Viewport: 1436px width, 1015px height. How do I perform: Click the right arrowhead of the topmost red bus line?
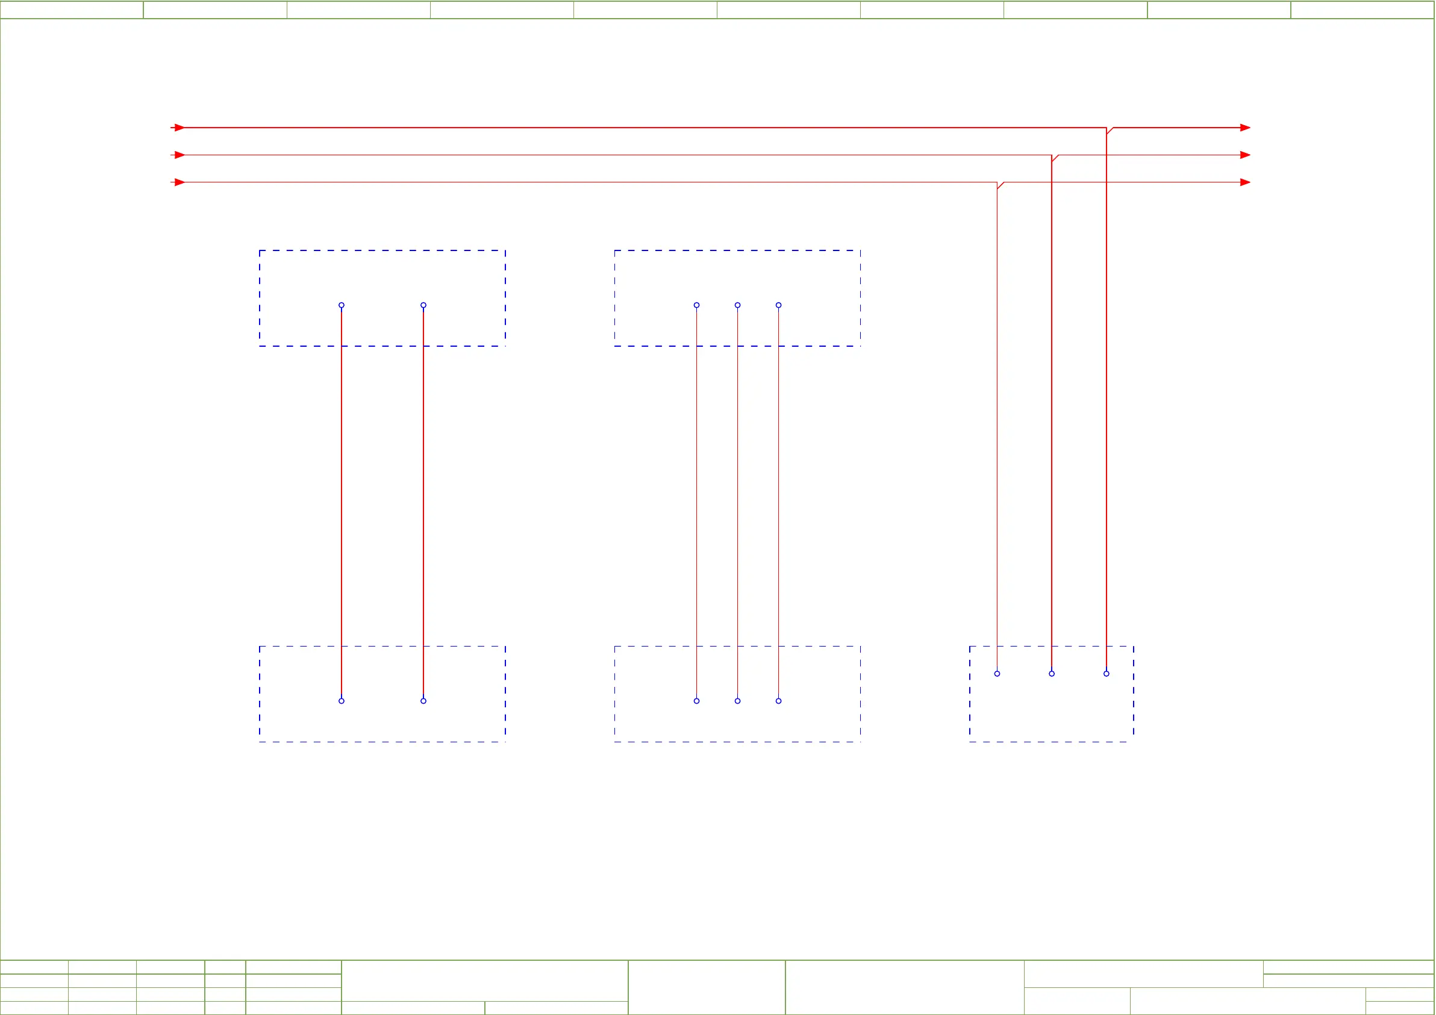pos(1244,128)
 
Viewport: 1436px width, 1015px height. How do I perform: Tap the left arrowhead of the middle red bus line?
pos(179,155)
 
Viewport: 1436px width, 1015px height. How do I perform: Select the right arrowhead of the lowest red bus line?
pos(1244,182)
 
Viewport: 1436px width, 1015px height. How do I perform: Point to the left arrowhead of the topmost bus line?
pos(179,128)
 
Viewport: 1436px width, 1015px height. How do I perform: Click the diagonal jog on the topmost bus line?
pos(1110,131)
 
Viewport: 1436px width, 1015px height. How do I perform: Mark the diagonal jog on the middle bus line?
pos(1055,158)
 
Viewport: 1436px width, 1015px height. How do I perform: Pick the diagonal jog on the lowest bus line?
pos(1001,185)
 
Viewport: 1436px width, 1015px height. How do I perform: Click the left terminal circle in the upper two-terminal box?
pos(342,305)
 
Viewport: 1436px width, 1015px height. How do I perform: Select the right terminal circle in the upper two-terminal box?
pos(423,305)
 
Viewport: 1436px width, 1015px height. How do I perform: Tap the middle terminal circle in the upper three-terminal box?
pos(737,305)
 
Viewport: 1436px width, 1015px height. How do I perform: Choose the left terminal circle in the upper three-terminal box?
pos(697,305)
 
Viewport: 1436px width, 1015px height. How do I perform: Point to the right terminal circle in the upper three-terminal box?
pos(779,305)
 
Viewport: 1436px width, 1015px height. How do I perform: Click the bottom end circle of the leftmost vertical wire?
pos(342,701)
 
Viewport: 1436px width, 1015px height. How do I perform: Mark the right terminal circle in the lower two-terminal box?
pos(423,701)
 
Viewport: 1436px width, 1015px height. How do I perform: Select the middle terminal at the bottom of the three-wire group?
pos(737,701)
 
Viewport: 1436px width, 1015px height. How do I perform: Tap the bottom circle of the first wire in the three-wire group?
pos(697,701)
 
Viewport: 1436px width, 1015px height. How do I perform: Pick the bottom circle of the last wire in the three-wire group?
pos(779,701)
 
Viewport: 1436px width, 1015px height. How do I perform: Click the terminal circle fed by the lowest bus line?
pos(997,674)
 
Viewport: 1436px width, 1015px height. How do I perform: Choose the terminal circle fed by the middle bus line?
pos(1052,674)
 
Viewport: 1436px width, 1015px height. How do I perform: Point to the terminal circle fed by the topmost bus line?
pos(1107,674)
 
